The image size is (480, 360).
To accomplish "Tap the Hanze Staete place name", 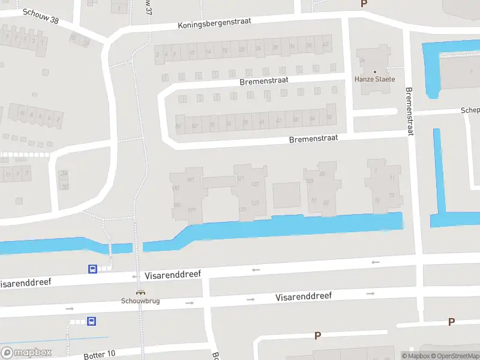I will (375, 79).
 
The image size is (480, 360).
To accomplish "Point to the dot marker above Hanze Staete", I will (375, 71).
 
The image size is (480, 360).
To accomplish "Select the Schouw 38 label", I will (41, 20).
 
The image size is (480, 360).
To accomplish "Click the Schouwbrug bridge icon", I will (140, 293).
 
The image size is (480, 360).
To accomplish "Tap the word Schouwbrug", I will (140, 301).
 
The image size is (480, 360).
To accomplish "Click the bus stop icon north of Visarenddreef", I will (93, 269).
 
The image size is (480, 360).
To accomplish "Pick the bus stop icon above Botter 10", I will (92, 322).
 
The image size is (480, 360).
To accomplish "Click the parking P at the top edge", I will (364, 4).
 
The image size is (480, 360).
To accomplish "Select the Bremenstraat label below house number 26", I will (263, 80).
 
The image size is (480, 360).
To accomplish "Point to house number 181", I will (191, 179).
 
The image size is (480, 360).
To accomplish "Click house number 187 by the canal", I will (191, 209).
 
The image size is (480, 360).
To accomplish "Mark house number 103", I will (310, 181).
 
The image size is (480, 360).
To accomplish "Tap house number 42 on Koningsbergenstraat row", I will (325, 45).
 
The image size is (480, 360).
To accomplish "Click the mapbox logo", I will (26, 353).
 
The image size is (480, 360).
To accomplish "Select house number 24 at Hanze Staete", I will (362, 61).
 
